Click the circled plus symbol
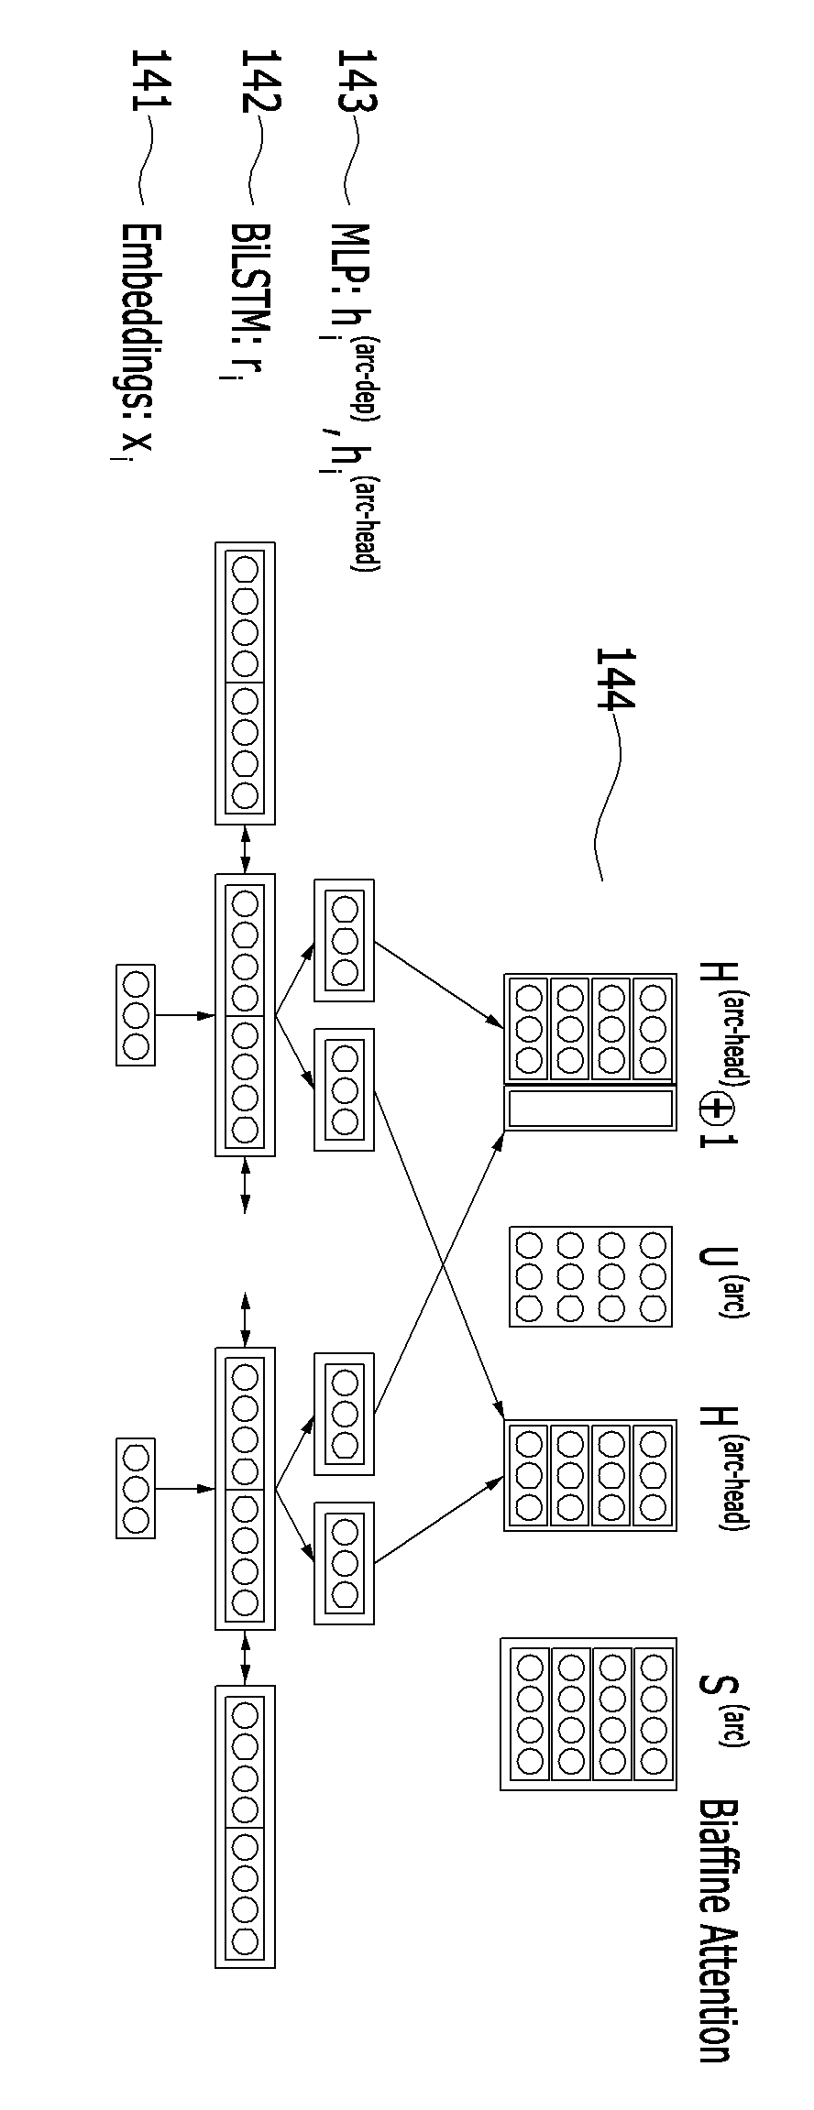coord(715,1110)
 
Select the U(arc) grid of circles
coord(590,1276)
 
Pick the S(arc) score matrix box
coord(588,1714)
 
